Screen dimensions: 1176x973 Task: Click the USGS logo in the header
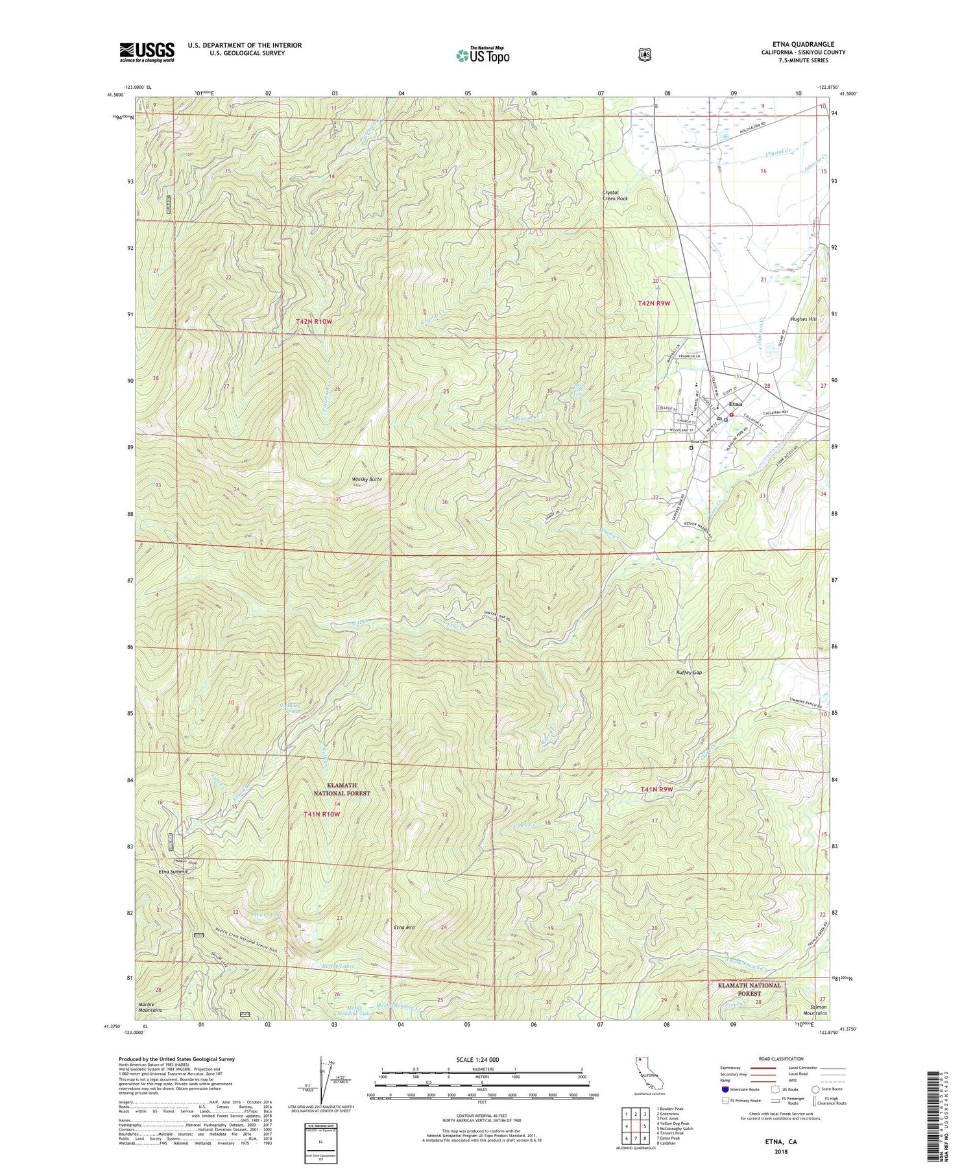click(x=147, y=52)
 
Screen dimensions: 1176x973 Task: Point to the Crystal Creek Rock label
click(x=615, y=195)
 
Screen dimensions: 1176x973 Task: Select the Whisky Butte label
click(x=366, y=479)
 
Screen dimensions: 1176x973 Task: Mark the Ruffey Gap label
click(x=688, y=672)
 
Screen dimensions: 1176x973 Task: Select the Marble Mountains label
click(x=150, y=1007)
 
